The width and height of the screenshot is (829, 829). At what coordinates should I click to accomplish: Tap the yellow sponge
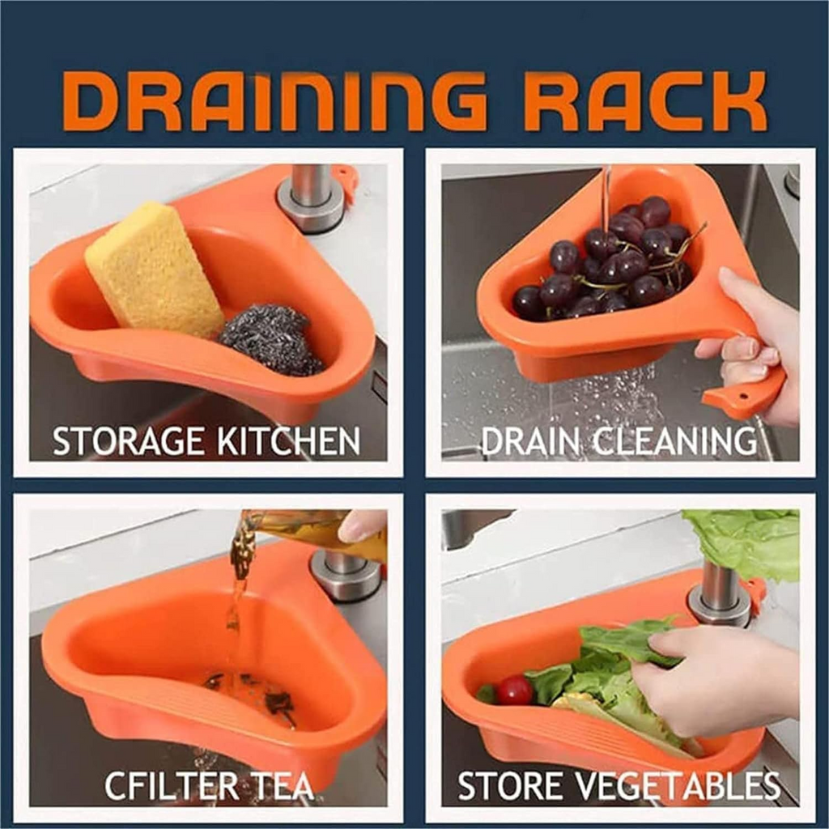click(154, 270)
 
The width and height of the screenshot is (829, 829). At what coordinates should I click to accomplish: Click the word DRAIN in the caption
click(531, 442)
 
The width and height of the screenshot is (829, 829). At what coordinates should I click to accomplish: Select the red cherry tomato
click(515, 691)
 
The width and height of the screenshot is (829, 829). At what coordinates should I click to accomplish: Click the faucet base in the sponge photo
click(312, 202)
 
